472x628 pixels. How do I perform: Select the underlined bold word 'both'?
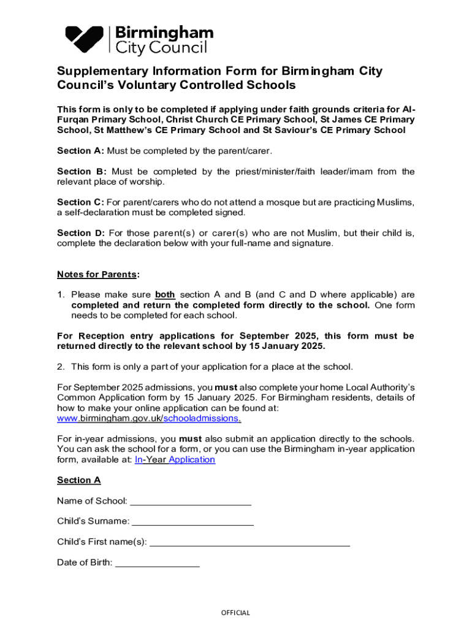165,294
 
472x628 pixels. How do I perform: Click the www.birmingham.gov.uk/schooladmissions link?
148,418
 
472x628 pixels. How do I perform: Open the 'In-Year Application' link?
175,459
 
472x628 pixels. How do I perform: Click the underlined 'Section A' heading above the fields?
78,480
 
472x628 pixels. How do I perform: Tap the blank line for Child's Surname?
192,523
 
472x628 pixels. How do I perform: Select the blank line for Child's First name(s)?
249,543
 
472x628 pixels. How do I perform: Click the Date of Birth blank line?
158,564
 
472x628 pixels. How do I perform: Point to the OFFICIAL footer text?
235,613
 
